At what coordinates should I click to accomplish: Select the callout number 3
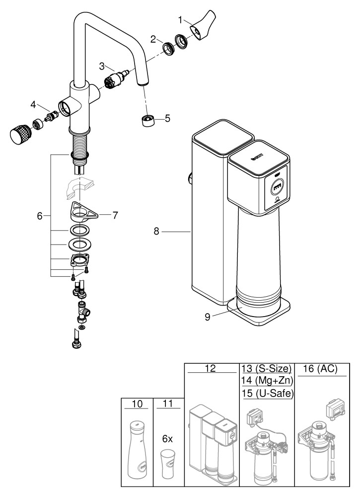coord(101,66)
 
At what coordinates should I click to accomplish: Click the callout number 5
coord(167,118)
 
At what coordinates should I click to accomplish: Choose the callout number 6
coord(40,216)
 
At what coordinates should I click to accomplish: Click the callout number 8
coord(156,231)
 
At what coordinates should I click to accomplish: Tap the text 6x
coord(167,439)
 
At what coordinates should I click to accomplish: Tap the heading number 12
coord(212,369)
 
